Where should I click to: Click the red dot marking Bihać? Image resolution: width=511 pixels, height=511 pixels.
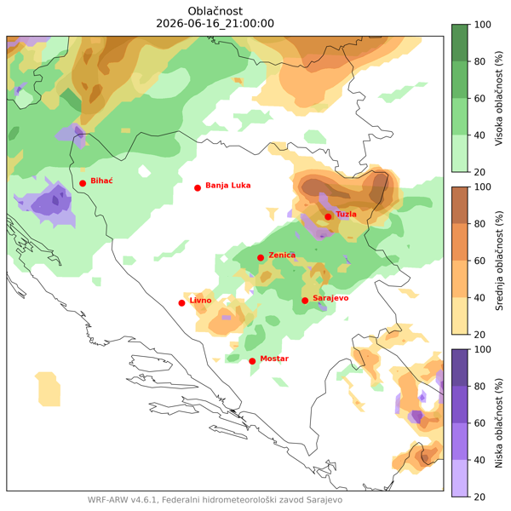[83, 183]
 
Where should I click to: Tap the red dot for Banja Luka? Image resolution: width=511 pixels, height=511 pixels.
[198, 188]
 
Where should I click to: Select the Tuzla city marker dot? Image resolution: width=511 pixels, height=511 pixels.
[328, 216]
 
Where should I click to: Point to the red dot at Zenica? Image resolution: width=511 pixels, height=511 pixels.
[261, 258]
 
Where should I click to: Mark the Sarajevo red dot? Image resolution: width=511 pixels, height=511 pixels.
[305, 301]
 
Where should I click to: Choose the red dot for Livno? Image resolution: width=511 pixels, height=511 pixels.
[182, 303]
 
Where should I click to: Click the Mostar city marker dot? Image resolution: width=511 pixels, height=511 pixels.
[252, 361]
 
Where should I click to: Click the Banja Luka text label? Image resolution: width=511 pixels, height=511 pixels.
[228, 186]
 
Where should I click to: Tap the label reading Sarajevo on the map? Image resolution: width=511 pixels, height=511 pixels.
[330, 298]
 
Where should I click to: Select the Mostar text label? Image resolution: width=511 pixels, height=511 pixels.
[274, 359]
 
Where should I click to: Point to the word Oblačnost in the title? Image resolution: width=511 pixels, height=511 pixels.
[215, 11]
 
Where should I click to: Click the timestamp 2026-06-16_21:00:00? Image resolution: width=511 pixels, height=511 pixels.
[215, 24]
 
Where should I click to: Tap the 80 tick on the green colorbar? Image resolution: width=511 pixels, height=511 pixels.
[479, 61]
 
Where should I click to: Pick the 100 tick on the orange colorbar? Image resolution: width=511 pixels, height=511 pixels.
[483, 187]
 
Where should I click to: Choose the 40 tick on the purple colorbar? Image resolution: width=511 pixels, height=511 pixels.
[479, 460]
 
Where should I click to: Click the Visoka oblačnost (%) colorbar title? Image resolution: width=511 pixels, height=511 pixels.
[499, 98]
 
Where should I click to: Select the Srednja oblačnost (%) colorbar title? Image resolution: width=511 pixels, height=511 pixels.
[499, 261]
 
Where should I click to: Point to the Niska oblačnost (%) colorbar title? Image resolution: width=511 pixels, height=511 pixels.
[499, 423]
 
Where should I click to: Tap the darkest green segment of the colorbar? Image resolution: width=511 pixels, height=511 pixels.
[460, 43]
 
